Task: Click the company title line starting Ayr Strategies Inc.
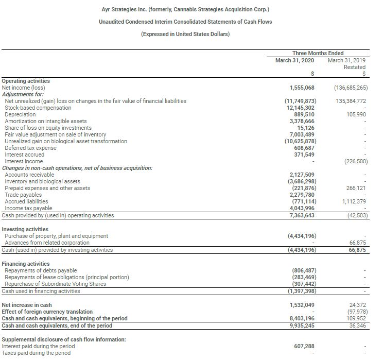pyautogui.click(x=186, y=10)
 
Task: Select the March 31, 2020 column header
pyautogui.click(x=295, y=60)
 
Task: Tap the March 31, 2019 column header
pyautogui.click(x=346, y=60)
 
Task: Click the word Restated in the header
pyautogui.click(x=355, y=67)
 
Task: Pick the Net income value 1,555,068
pyautogui.click(x=303, y=88)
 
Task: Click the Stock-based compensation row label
pyautogui.click(x=38, y=108)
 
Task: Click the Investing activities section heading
pyautogui.click(x=25, y=229)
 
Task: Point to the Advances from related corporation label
pyautogui.click(x=47, y=243)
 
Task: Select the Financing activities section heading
pyautogui.click(x=26, y=264)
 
